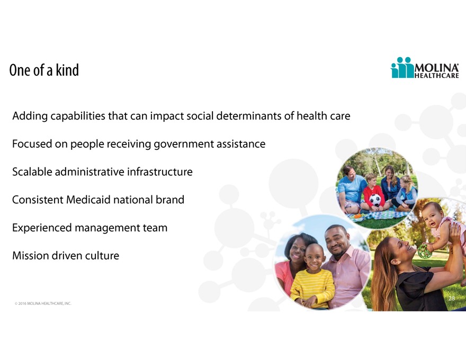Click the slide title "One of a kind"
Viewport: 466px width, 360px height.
click(44, 70)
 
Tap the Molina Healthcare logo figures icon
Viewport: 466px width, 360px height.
click(402, 67)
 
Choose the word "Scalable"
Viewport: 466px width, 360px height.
click(32, 172)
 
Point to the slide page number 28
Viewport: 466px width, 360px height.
click(451, 298)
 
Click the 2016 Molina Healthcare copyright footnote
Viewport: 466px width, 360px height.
click(43, 303)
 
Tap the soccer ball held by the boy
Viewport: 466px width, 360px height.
click(375, 200)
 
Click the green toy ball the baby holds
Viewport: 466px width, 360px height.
click(425, 251)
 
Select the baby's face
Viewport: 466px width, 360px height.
click(431, 216)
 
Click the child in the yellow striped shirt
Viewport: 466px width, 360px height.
click(312, 276)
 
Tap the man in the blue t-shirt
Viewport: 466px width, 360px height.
click(352, 190)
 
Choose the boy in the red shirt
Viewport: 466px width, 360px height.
click(373, 193)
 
